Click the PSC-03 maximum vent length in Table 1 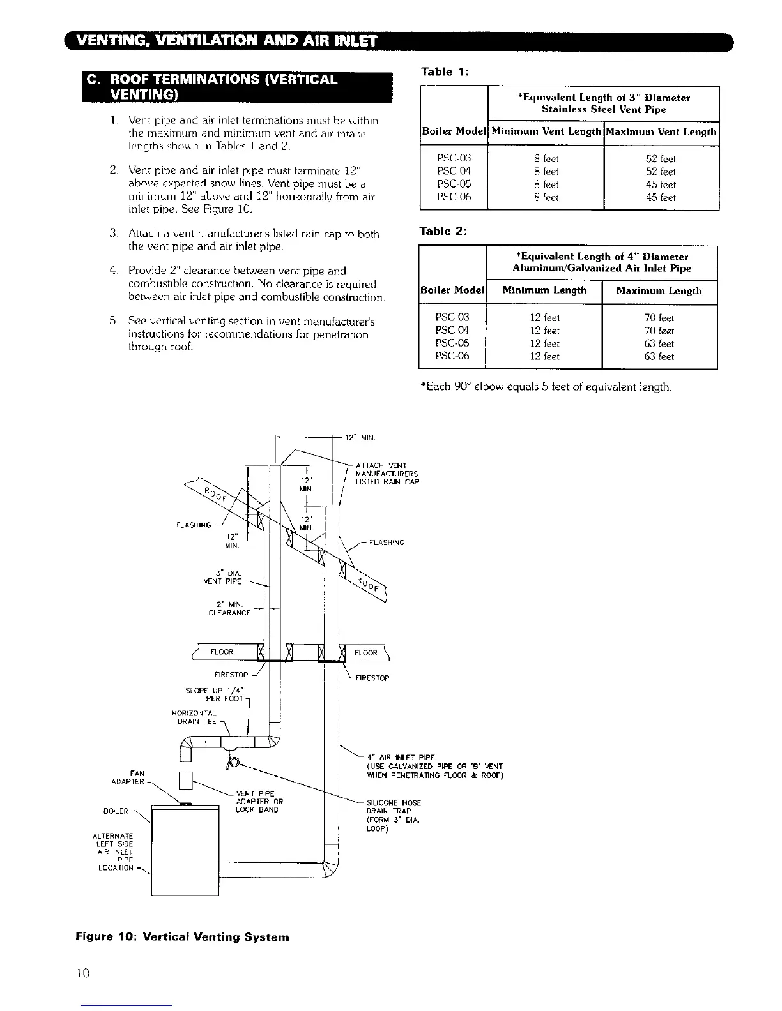661,159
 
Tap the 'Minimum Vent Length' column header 546,132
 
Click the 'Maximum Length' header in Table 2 659,291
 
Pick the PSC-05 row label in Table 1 454,184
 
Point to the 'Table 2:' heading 443,231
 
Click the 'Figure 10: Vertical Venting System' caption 182,937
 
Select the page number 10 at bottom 83,973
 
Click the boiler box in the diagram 185,849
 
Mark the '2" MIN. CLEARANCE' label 229,608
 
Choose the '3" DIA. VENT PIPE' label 222,577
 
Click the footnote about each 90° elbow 546,387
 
